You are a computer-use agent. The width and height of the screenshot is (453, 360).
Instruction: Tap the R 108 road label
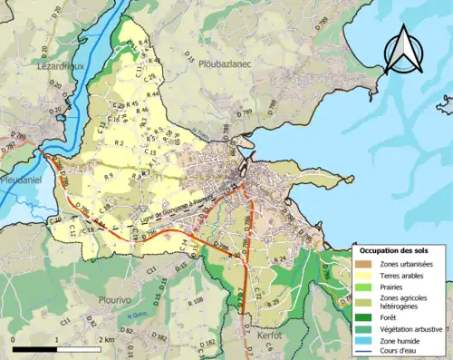tap(195, 300)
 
